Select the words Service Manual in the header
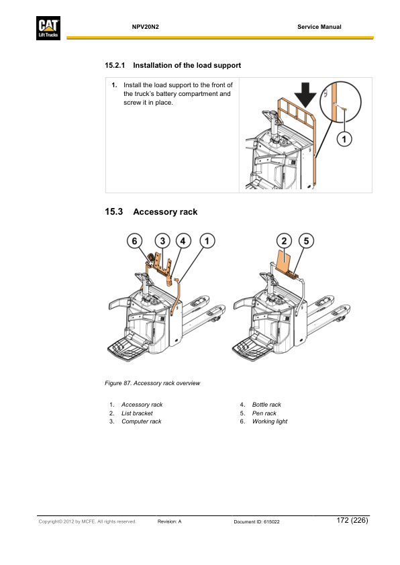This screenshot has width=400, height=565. pos(319,27)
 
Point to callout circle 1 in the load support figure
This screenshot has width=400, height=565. pos(344,139)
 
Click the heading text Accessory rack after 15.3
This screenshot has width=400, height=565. pos(165,212)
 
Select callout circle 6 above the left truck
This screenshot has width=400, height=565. pos(135,241)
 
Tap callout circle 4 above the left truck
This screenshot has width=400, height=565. pos(183,241)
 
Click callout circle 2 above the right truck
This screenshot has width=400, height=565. pos(284,241)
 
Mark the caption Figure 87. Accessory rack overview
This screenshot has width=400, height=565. pos(152,383)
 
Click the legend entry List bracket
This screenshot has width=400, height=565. pos(137,413)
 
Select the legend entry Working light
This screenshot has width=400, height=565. pos(270,421)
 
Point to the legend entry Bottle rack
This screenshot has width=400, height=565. pos(266,405)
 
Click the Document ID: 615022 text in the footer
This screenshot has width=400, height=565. pos(257,521)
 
